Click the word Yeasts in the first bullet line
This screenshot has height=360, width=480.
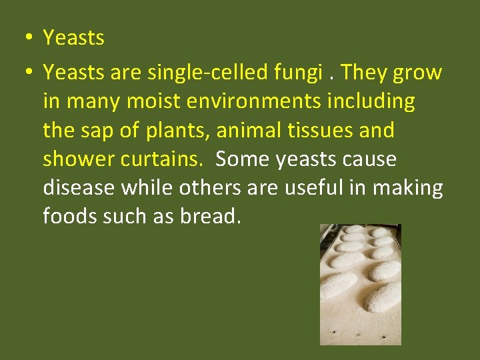[x=73, y=38]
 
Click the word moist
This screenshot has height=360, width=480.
[x=143, y=102]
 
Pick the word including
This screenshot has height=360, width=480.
[x=371, y=102]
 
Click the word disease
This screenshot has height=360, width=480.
[x=79, y=188]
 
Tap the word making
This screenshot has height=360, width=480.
[x=407, y=188]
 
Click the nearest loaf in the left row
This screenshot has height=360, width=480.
[x=339, y=285]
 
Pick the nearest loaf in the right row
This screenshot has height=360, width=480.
[x=383, y=297]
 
